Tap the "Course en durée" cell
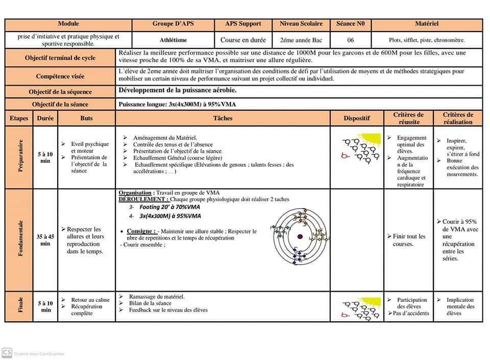tap(243, 40)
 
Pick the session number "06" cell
tap(350, 40)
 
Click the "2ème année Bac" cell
tap(301, 40)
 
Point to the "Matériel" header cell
tap(427, 23)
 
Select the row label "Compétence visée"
tap(60, 76)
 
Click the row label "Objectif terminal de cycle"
tap(60, 58)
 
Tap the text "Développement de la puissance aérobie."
tap(177, 90)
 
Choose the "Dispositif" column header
tap(356, 118)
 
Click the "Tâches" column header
tap(223, 118)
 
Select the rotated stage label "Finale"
tap(21, 306)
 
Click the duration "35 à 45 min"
tap(45, 240)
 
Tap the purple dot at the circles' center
tap(300, 236)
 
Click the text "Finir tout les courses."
tap(409, 240)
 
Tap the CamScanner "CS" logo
tap(7, 352)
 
